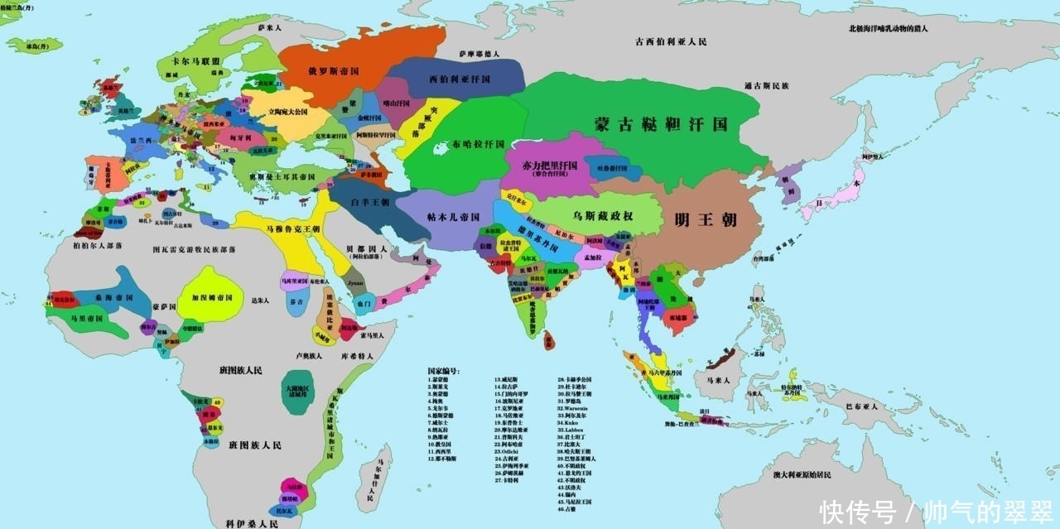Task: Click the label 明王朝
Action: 706,220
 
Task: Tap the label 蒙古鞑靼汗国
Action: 661,124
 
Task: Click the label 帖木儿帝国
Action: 453,217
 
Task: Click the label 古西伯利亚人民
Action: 670,41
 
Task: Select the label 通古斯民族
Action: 766,85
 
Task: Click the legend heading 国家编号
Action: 443,371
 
